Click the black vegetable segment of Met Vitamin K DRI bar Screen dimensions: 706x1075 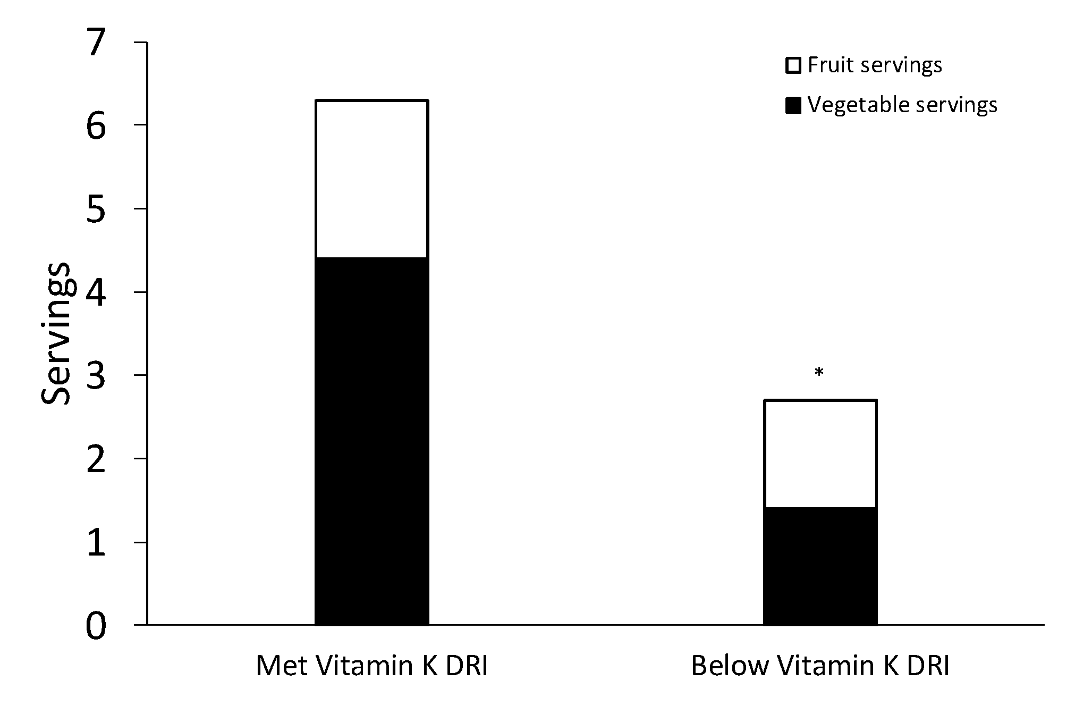click(x=372, y=441)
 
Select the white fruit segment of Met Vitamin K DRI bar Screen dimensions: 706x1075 click(x=372, y=179)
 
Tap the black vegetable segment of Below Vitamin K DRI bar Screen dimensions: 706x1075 click(x=820, y=566)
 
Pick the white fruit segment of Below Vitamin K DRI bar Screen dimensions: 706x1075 click(x=820, y=453)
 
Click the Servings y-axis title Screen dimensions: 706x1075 click(x=56, y=334)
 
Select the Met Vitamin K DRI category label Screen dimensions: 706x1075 click(x=371, y=666)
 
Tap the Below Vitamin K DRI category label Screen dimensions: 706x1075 click(x=820, y=666)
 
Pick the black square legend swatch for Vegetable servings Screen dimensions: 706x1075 click(x=793, y=106)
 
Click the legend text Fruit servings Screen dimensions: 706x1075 click(x=875, y=65)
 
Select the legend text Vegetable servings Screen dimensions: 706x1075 click(x=902, y=105)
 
